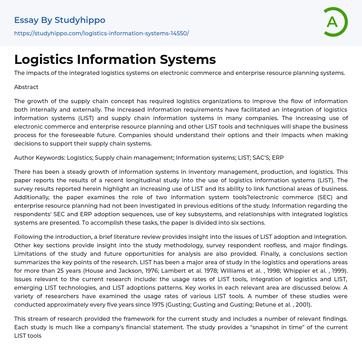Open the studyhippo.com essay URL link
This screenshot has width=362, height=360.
pyautogui.click(x=101, y=33)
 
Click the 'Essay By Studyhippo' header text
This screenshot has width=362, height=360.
pyautogui.click(x=60, y=20)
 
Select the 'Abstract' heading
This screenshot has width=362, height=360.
pyautogui.click(x=26, y=87)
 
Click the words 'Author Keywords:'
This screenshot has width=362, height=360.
pyautogui.click(x=39, y=158)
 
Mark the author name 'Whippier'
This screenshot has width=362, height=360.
pyautogui.click(x=296, y=271)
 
